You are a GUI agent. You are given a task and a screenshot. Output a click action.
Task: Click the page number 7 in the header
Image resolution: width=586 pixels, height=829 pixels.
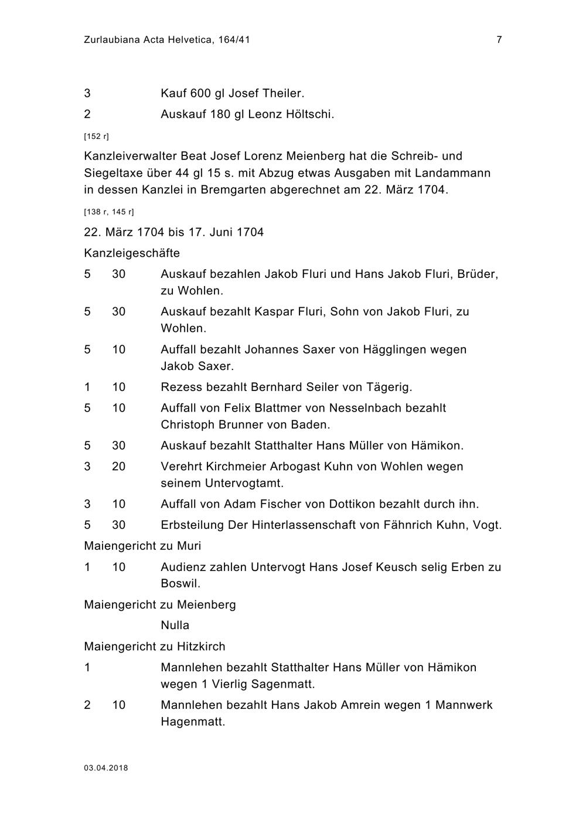tap(499, 40)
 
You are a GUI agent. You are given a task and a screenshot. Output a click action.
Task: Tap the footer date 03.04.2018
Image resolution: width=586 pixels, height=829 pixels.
tap(106, 768)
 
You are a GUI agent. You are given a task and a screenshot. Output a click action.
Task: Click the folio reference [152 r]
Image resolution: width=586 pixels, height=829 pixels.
tap(97, 136)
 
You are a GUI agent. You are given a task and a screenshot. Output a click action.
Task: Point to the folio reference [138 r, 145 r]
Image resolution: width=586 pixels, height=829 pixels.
tap(109, 212)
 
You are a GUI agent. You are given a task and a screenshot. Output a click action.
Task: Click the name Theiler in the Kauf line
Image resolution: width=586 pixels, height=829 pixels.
tap(283, 93)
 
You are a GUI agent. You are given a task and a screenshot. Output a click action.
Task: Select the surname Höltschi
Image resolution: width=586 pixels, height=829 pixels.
tap(309, 114)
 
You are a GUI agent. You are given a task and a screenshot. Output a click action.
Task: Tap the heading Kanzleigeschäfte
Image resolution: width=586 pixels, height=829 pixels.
tap(132, 253)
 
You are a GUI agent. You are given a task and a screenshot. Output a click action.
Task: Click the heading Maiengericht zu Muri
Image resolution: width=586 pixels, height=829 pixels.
tap(142, 546)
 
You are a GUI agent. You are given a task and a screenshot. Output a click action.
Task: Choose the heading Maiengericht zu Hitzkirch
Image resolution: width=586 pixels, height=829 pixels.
tap(155, 647)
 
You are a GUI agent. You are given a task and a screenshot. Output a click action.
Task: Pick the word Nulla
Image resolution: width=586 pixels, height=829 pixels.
tap(175, 625)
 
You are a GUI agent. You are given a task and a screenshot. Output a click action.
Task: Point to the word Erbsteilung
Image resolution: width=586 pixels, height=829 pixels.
tap(192, 525)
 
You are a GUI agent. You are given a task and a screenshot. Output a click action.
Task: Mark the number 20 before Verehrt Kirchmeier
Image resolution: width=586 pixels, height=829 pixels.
tap(118, 467)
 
